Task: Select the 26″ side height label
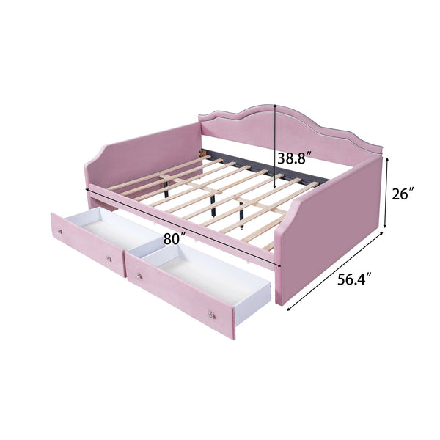pos(403,194)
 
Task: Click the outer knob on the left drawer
pos(60,232)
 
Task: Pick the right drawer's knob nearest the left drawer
pos(137,276)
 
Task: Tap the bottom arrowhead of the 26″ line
pos(386,232)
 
